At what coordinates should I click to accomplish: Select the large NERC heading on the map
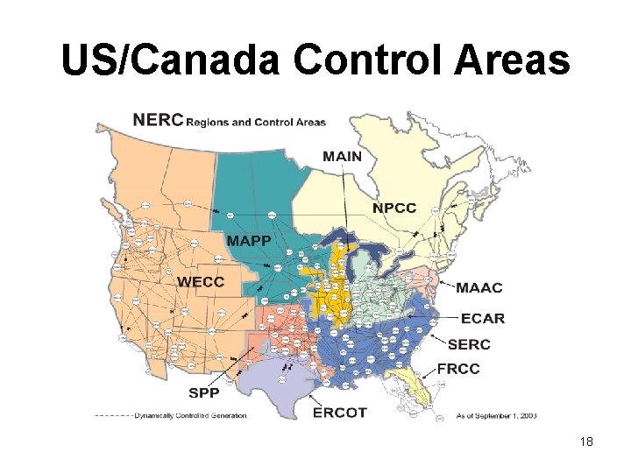(x=159, y=120)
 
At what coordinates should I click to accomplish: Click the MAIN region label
(x=342, y=157)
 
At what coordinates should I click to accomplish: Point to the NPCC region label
(x=394, y=208)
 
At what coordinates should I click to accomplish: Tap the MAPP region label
(x=250, y=241)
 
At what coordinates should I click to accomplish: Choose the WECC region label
(x=201, y=282)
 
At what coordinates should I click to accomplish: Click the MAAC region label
(x=479, y=287)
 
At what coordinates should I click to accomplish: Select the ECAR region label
(x=483, y=318)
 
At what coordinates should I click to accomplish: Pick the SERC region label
(x=469, y=344)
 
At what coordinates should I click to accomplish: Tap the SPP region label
(x=204, y=392)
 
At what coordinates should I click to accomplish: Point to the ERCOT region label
(x=340, y=413)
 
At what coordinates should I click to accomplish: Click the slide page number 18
(x=586, y=442)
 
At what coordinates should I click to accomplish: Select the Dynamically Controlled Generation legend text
(x=190, y=415)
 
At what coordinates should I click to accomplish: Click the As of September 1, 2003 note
(x=497, y=416)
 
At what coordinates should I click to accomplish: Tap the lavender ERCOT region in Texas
(x=280, y=385)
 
